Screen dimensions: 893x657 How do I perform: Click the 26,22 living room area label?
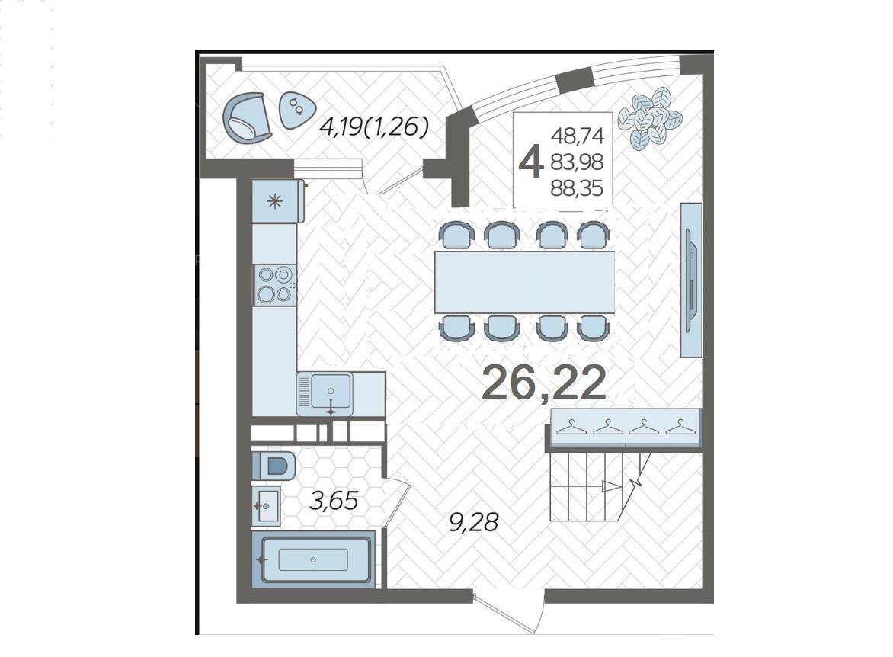click(x=544, y=383)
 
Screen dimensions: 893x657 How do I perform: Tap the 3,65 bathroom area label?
click(x=334, y=500)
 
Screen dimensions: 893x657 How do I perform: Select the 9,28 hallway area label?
click(x=474, y=522)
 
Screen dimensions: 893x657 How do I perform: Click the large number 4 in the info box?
click(x=530, y=162)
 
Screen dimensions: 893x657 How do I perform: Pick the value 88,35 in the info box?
click(x=576, y=188)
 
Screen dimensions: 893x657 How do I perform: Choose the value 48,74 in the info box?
click(x=577, y=136)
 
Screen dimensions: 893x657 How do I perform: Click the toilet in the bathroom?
click(x=274, y=466)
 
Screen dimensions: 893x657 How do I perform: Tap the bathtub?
click(x=313, y=559)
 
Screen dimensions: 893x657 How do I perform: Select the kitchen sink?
click(x=325, y=394)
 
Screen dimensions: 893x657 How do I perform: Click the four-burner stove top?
click(x=274, y=284)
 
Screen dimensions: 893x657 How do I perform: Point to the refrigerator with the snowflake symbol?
click(x=278, y=201)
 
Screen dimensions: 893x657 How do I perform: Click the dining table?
click(x=524, y=281)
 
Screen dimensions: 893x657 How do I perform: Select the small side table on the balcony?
click(x=296, y=110)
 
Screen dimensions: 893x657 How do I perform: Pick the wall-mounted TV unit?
click(x=691, y=279)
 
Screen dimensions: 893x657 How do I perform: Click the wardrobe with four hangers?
click(x=624, y=427)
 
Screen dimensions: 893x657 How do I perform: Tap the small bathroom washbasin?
click(x=266, y=505)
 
